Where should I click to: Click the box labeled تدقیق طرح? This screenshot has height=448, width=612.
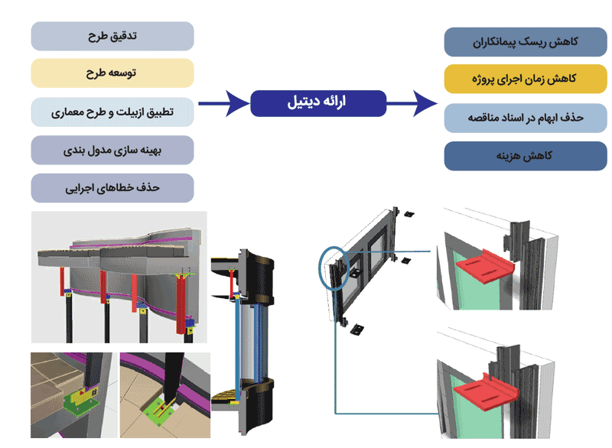pyautogui.click(x=112, y=36)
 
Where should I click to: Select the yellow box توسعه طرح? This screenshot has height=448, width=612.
pyautogui.click(x=112, y=73)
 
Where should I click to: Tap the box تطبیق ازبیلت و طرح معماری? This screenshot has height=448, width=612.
pyautogui.click(x=112, y=112)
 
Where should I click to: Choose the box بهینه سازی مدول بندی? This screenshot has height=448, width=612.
pyautogui.click(x=112, y=150)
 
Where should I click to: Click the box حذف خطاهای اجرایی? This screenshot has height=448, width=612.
pyautogui.click(x=112, y=187)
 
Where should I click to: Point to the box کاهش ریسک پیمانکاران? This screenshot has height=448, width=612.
pyautogui.click(x=525, y=41)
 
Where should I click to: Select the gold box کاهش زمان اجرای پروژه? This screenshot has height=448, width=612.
pyautogui.click(x=525, y=80)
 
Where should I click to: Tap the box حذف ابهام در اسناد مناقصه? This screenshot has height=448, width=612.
pyautogui.click(x=525, y=118)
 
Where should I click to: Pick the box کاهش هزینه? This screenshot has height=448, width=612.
pyautogui.click(x=525, y=155)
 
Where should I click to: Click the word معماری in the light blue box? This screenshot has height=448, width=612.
pyautogui.click(x=67, y=112)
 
